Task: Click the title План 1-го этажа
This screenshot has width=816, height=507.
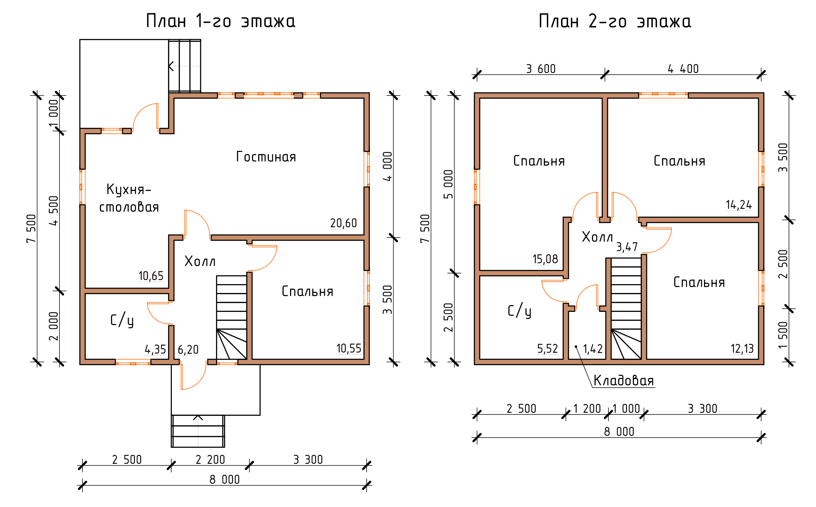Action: (x=220, y=21)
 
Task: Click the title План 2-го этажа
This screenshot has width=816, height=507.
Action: (x=615, y=21)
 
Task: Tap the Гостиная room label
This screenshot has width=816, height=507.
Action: (x=266, y=157)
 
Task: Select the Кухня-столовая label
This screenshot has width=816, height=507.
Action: (x=129, y=198)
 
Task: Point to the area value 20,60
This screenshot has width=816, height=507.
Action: (x=344, y=223)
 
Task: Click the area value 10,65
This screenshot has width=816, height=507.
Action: (x=151, y=276)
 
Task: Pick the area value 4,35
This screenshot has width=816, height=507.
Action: (x=155, y=349)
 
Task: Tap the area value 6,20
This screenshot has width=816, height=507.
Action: (x=188, y=349)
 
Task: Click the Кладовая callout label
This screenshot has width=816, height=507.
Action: (x=624, y=381)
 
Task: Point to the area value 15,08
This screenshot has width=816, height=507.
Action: (x=545, y=259)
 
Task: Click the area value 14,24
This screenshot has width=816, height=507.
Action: (x=739, y=204)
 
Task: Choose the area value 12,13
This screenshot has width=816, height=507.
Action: (x=742, y=349)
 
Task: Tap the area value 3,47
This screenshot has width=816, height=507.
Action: (x=627, y=247)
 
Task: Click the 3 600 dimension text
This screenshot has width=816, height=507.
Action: (x=541, y=69)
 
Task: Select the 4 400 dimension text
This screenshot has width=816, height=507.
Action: (x=683, y=69)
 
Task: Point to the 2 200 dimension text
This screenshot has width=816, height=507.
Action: (x=210, y=459)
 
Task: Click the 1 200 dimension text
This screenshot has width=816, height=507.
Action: (x=587, y=408)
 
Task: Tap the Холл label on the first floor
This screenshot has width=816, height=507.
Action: (x=200, y=261)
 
